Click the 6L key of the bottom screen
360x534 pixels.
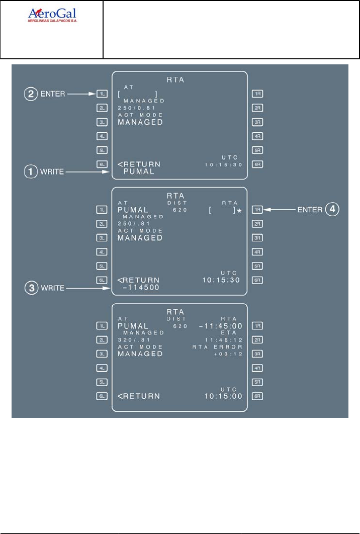pos(102,396)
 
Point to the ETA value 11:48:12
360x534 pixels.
pos(224,340)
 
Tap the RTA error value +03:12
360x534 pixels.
pos(230,354)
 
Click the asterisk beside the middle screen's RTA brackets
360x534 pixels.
pos(239,211)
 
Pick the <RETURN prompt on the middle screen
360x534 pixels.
pos(139,281)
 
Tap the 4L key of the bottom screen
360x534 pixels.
pos(102,368)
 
